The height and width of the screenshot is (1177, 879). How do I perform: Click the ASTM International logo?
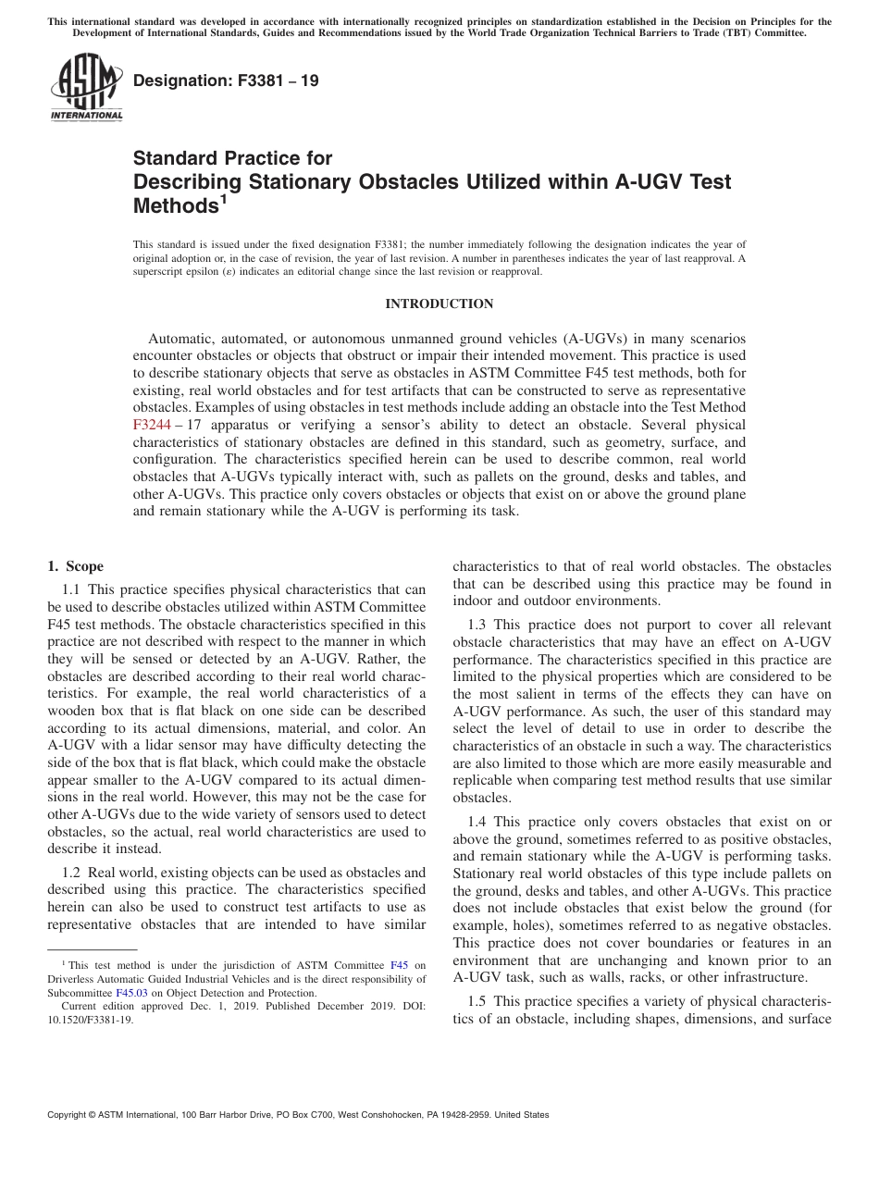click(86, 87)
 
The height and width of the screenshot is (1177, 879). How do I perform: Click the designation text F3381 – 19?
click(226, 81)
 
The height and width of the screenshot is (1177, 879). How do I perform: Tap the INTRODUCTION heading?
click(439, 304)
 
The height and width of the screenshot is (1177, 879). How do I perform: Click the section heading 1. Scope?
click(75, 566)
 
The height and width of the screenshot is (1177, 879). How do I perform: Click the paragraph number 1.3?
click(477, 625)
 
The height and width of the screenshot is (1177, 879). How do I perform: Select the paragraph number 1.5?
click(477, 1000)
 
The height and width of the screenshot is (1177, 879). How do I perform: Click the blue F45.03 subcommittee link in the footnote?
click(130, 993)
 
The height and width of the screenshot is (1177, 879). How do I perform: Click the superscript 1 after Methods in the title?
click(222, 198)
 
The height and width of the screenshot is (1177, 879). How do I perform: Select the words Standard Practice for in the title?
click(232, 157)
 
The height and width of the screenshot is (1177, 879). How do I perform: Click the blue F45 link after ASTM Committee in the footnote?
click(400, 966)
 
